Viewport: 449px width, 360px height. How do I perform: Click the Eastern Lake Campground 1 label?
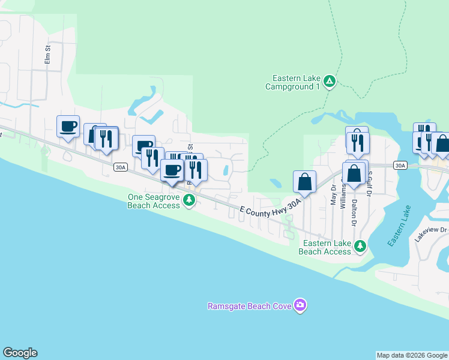coord(293,82)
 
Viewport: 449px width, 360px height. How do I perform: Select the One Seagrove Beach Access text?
coord(154,201)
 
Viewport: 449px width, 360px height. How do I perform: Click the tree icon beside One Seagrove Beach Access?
coord(189,200)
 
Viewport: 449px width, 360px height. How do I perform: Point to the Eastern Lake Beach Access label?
coord(327,247)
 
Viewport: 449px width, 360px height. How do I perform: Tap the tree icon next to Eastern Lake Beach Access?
coord(360,246)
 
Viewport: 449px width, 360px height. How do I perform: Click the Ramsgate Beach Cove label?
coord(249,306)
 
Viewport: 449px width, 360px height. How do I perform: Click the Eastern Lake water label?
coord(399,226)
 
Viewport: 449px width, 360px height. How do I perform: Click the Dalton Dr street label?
coord(355,213)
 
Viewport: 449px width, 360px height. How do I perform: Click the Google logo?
coord(20,353)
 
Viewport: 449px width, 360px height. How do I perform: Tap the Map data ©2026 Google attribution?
coord(412,355)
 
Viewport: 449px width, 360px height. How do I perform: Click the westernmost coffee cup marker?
coord(68,127)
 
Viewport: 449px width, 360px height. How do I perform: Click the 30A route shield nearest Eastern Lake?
coord(400,164)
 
